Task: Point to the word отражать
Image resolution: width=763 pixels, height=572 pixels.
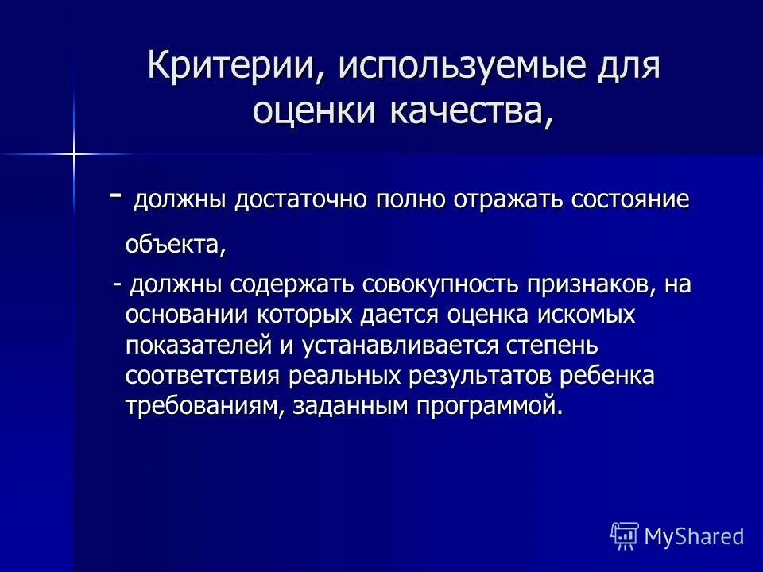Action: coord(504,199)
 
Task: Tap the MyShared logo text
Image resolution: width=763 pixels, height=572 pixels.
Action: coord(693,536)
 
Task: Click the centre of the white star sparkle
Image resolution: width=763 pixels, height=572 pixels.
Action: coord(72,153)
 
